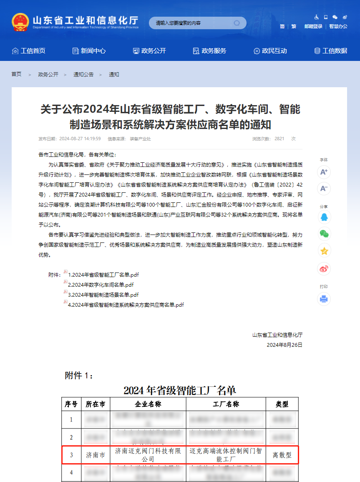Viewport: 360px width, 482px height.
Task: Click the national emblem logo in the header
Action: tap(20, 22)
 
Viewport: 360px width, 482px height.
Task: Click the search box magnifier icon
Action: tap(237, 23)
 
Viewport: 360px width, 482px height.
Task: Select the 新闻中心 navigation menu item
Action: tap(89, 51)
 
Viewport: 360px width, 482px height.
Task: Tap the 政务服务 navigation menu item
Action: tap(209, 51)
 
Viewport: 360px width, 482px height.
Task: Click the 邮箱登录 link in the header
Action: tap(313, 26)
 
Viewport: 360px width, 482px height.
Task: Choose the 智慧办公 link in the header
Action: tap(338, 26)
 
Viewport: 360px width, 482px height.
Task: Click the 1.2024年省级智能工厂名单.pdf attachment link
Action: tap(103, 275)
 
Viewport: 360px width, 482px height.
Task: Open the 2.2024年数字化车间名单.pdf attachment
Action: tap(101, 285)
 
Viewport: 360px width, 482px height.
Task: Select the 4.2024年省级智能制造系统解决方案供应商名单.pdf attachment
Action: tap(126, 305)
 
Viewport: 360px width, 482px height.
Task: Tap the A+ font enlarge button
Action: tap(324, 172)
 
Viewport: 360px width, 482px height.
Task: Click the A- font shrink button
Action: tap(324, 189)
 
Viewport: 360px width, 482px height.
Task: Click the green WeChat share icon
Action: tap(324, 234)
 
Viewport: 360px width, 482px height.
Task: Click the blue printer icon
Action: tap(324, 299)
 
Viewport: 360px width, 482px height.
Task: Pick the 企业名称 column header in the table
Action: tap(148, 404)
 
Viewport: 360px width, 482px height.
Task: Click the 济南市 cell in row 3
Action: tap(95, 455)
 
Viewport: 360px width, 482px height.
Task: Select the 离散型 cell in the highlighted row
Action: tap(282, 455)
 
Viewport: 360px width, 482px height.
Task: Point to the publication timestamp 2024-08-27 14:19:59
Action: tap(80, 139)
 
